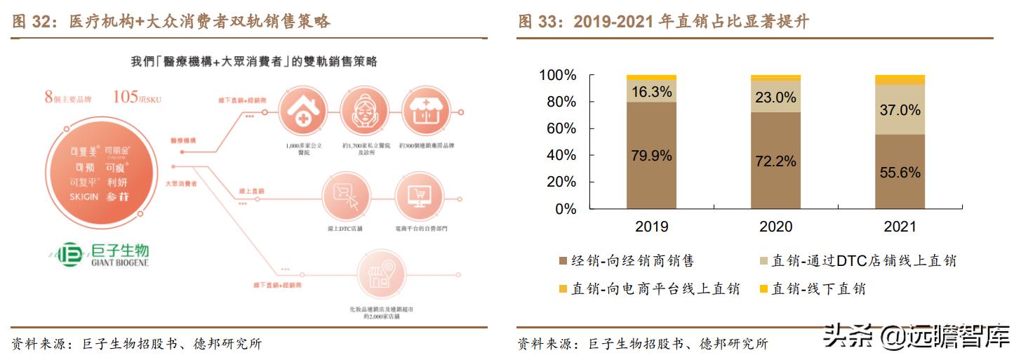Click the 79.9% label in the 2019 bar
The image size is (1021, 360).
[651, 156]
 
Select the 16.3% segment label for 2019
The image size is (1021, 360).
[651, 92]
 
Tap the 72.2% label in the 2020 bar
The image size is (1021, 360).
[775, 161]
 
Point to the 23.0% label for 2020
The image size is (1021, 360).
[775, 98]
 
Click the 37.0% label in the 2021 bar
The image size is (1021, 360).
[900, 110]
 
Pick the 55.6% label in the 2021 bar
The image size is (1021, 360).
[900, 173]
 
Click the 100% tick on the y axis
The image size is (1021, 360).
[557, 75]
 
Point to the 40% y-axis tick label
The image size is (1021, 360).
[561, 156]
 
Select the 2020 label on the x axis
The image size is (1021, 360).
[775, 227]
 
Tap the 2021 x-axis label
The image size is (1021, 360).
[900, 227]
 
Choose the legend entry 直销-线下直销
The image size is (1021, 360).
[813, 288]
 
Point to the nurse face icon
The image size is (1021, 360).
[364, 112]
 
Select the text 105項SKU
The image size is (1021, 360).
[137, 98]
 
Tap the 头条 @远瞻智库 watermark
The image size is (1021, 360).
[915, 337]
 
